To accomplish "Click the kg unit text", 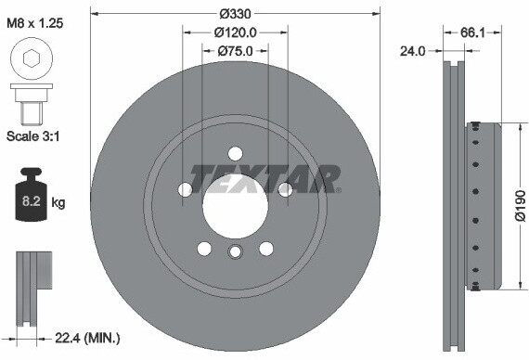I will tap(58, 201).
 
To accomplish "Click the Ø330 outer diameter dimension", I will tap(236, 15).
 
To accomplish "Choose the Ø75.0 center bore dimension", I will tap(236, 51).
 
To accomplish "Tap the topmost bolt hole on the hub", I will tap(235, 153).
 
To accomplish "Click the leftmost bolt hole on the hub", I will tap(186, 189).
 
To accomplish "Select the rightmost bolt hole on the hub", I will tap(285, 189).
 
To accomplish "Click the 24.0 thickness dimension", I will tap(413, 51).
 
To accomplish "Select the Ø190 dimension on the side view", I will tap(520, 204).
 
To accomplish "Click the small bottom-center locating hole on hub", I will tap(235, 253).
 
